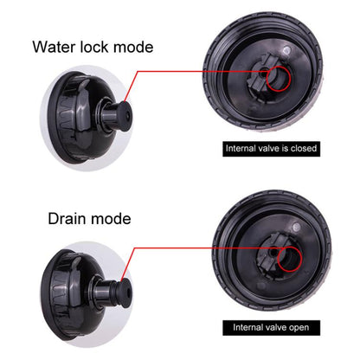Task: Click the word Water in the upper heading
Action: click(x=55, y=47)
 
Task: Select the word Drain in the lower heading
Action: click(x=67, y=219)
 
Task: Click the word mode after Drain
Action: click(x=111, y=219)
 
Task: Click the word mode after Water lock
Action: click(x=133, y=47)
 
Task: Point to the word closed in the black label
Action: click(x=304, y=148)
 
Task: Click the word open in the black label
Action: click(x=299, y=328)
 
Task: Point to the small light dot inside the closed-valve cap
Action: click(x=286, y=51)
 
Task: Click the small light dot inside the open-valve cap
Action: click(x=297, y=228)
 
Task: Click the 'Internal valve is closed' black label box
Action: click(x=271, y=148)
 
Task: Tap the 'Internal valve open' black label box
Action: click(x=271, y=328)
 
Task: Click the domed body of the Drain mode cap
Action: click(x=72, y=294)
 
